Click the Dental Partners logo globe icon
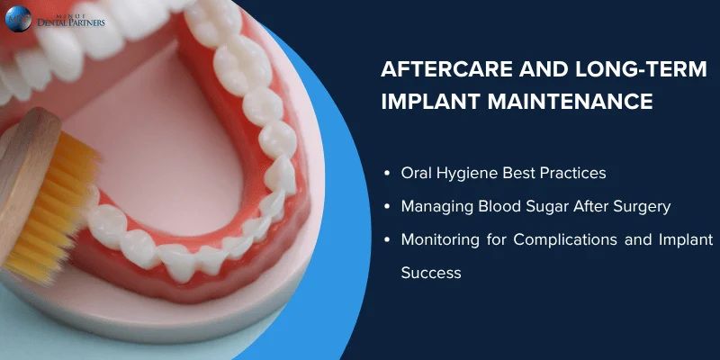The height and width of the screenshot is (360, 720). point(18,19)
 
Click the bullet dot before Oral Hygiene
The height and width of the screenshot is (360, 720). point(386,172)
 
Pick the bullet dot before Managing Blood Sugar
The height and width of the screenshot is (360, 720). point(386,206)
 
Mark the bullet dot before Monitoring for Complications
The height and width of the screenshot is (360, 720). point(386,240)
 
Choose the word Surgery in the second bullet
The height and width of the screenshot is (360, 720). point(639,206)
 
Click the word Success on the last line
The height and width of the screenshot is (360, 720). point(430,272)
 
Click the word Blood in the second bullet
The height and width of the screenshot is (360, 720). point(499,206)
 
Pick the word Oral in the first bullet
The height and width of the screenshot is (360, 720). point(418,172)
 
